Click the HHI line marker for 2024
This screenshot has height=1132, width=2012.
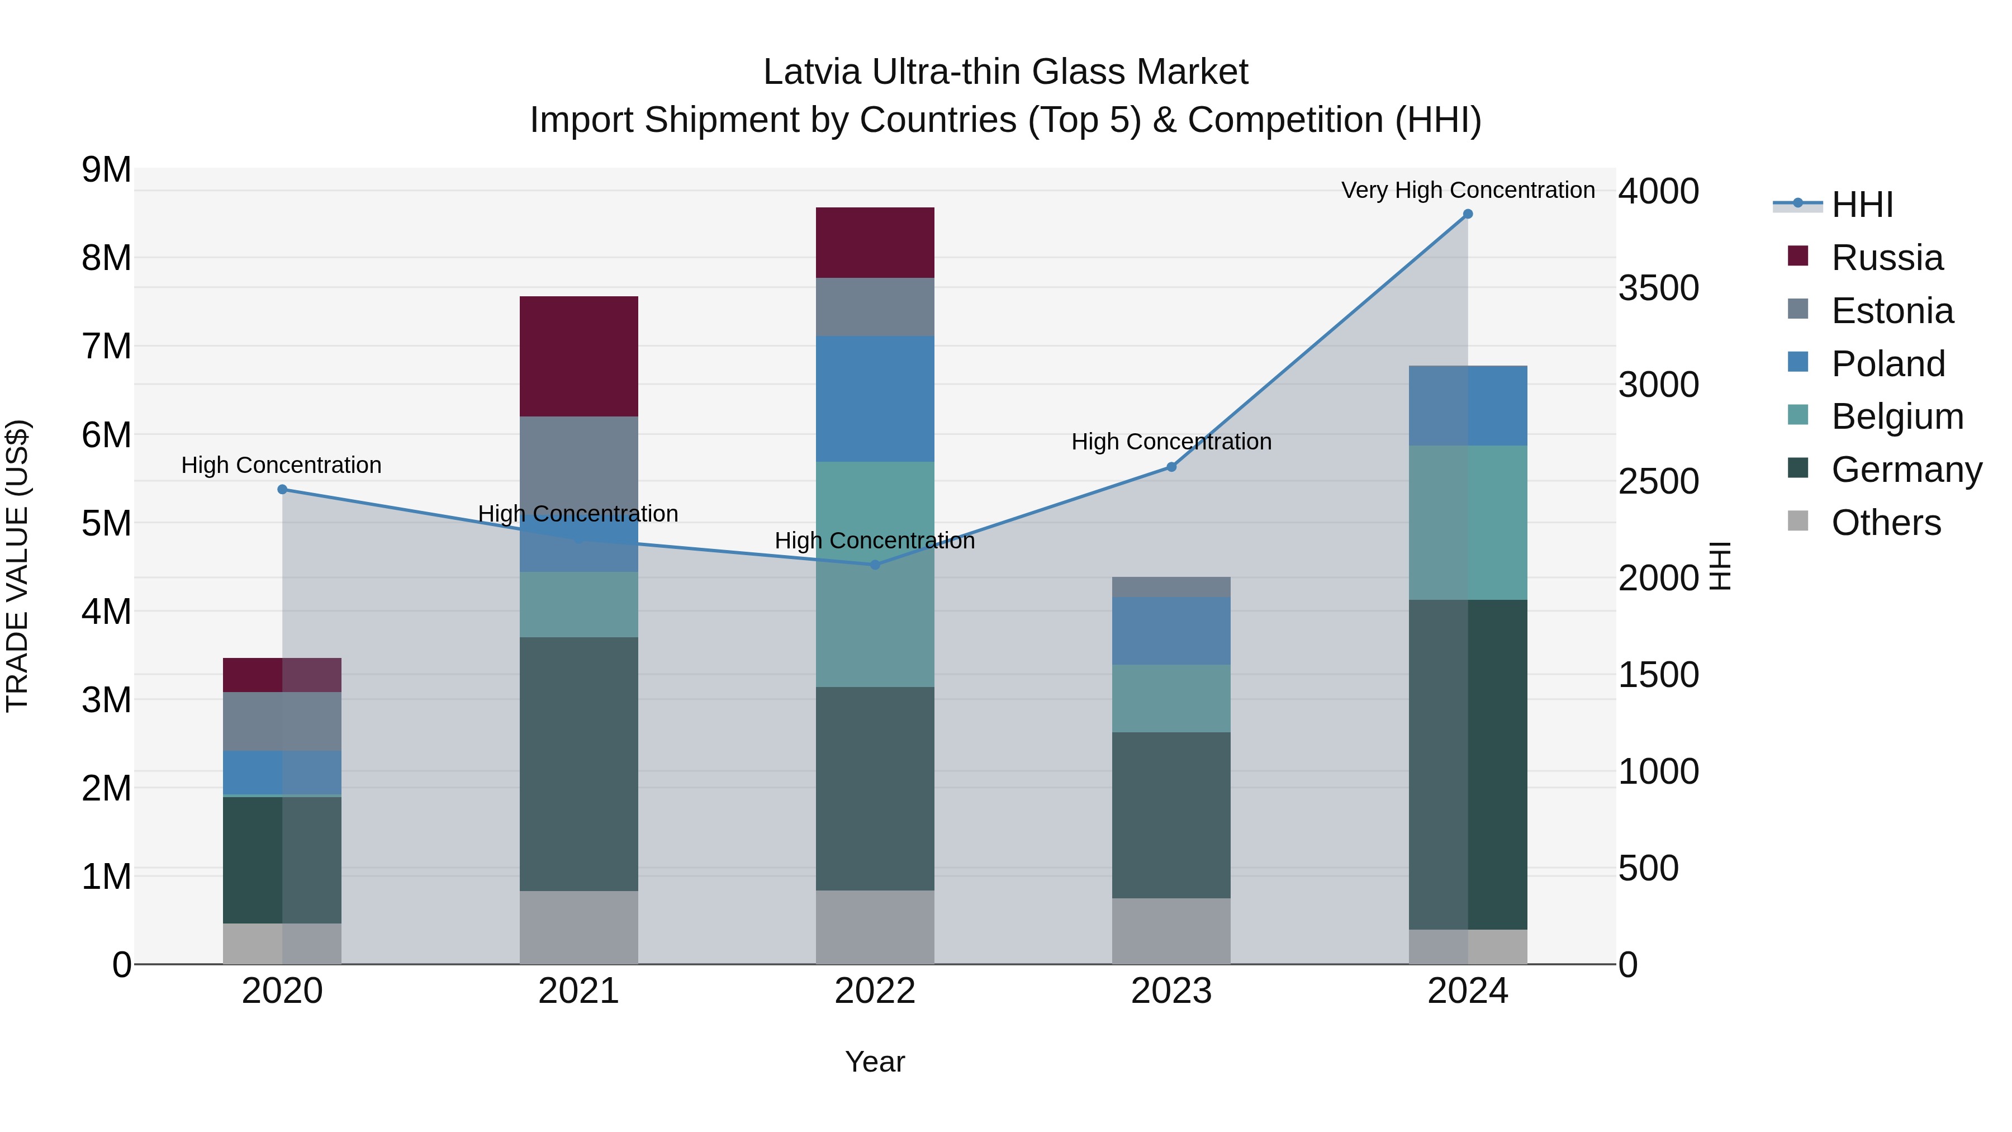tap(1468, 214)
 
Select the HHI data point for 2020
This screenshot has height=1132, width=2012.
tap(283, 490)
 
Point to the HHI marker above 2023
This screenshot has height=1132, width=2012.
tap(1171, 467)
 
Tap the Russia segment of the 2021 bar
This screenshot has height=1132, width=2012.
tap(579, 356)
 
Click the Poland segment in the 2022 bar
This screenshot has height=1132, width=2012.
tap(875, 399)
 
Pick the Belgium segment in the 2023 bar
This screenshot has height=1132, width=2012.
tap(1171, 698)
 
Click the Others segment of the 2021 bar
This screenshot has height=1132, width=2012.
tap(579, 927)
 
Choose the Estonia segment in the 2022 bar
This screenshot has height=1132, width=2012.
tap(875, 307)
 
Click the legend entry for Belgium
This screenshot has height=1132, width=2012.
tap(1896, 416)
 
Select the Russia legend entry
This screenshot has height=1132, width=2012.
tap(1886, 258)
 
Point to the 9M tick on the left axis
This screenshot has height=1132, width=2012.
tap(106, 169)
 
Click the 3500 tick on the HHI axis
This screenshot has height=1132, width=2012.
tap(1658, 288)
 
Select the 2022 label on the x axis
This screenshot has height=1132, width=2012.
tap(875, 991)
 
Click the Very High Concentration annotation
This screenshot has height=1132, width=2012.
tap(1468, 190)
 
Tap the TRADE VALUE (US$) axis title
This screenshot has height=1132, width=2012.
tap(17, 566)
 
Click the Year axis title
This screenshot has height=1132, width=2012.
tap(875, 1062)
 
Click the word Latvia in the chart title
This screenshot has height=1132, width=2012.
tap(812, 72)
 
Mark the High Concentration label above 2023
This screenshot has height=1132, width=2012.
tap(1171, 442)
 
